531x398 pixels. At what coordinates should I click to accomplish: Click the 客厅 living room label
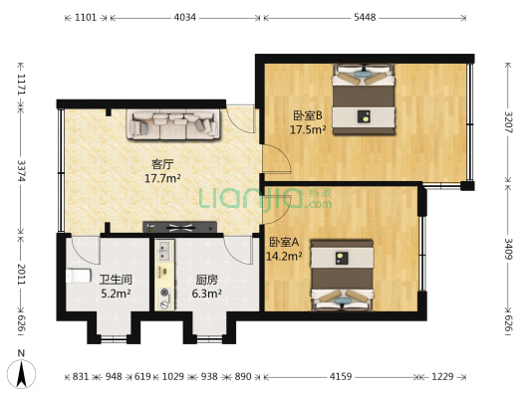tap(162, 165)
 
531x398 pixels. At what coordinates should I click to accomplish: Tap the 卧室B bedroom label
tap(308, 116)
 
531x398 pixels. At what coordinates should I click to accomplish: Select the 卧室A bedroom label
tap(284, 242)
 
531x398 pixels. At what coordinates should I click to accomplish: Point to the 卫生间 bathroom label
tap(116, 280)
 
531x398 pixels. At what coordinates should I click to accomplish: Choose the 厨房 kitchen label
tap(206, 280)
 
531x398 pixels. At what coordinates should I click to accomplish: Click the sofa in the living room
tap(172, 124)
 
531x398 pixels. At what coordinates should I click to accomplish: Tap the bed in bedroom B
tap(364, 99)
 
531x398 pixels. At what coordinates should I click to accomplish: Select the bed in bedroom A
tap(342, 276)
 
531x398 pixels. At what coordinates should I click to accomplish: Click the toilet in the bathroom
tap(79, 276)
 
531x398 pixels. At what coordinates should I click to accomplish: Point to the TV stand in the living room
tap(179, 227)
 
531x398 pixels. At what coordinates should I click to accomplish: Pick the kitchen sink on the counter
tap(165, 251)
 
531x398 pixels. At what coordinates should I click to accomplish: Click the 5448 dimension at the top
tap(365, 17)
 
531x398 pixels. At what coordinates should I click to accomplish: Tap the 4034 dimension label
tap(185, 17)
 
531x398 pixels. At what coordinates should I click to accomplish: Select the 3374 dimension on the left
tap(21, 170)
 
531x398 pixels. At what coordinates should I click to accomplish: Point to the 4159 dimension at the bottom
tap(341, 376)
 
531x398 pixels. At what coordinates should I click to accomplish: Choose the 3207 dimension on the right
tap(509, 122)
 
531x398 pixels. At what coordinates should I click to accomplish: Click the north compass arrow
tap(22, 375)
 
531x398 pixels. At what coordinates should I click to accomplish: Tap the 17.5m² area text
tap(308, 129)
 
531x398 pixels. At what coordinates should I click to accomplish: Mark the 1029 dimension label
tap(173, 376)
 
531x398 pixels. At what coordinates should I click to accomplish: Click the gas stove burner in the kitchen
tap(165, 292)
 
